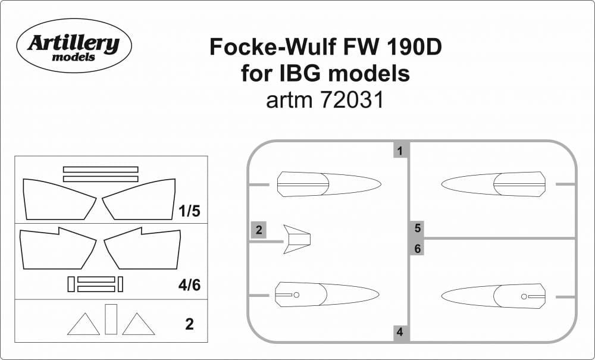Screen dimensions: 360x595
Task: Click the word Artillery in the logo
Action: pyautogui.click(x=74, y=43)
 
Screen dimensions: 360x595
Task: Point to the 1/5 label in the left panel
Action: pyautogui.click(x=189, y=211)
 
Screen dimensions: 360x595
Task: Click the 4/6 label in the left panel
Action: pyautogui.click(x=189, y=285)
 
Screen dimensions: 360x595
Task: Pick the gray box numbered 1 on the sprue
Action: pyautogui.click(x=400, y=151)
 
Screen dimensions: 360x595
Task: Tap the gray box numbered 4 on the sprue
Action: pyautogui.click(x=400, y=333)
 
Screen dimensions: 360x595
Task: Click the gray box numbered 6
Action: pyautogui.click(x=418, y=249)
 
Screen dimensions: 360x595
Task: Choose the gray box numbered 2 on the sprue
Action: pyautogui.click(x=259, y=230)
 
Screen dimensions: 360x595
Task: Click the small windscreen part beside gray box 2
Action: pyautogui.click(x=297, y=240)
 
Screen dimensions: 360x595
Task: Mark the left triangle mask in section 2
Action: pyautogui.click(x=83, y=325)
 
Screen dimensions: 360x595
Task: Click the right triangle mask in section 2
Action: pyautogui.click(x=138, y=325)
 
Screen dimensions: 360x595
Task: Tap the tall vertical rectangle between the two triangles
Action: pyautogui.click(x=111, y=319)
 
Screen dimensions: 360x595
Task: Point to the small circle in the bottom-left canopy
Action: pyautogui.click(x=296, y=295)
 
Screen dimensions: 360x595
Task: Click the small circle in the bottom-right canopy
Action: pyautogui.click(x=524, y=296)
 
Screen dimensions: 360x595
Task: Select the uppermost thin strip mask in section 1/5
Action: pyautogui.click(x=100, y=170)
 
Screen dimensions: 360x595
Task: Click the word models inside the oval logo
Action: pyautogui.click(x=73, y=58)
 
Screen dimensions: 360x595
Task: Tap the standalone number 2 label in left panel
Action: pyautogui.click(x=189, y=325)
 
